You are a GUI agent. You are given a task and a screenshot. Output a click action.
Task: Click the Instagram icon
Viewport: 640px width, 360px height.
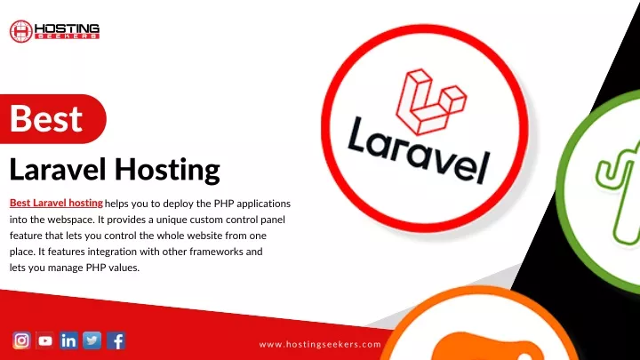pos(21,340)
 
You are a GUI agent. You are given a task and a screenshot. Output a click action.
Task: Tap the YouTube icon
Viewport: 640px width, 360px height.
pos(45,340)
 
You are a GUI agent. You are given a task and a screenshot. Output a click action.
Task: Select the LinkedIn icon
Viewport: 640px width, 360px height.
pos(68,340)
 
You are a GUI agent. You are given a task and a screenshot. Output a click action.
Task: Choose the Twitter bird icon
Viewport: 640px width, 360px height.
pos(92,340)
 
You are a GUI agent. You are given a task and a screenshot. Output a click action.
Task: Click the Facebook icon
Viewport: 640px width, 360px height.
pos(116,340)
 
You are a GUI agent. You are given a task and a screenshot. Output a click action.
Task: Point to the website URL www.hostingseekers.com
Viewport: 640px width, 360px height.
pos(320,345)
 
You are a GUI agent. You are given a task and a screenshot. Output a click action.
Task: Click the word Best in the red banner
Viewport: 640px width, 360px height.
pos(46,118)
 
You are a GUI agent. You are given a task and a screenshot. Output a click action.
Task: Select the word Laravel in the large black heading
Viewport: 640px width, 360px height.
pos(58,169)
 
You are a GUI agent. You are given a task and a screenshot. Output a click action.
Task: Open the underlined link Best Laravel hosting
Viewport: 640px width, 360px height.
pos(56,203)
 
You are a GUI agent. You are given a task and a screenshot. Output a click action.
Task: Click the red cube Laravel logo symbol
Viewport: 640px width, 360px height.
pos(431,102)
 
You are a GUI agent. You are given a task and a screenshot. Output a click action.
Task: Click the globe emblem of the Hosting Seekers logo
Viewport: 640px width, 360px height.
pos(20,31)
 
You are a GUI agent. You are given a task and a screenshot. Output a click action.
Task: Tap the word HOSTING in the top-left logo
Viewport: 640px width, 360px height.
pos(67,28)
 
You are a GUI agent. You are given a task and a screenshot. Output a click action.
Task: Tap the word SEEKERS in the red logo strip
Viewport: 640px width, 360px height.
pos(67,36)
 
